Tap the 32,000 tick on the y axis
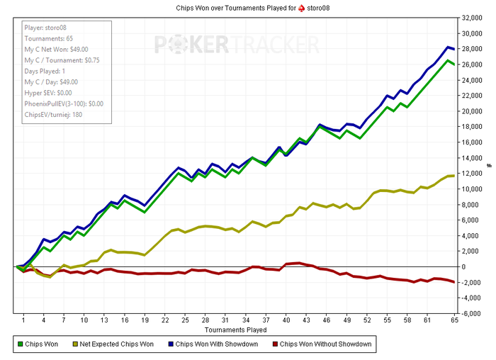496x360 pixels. point(472,18)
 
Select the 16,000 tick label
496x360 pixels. point(472,142)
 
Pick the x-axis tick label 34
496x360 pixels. point(246,320)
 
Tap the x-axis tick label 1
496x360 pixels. point(23,320)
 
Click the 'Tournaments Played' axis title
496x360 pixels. point(237,330)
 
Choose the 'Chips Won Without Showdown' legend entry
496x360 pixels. point(325,345)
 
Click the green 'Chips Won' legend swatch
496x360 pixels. point(20,345)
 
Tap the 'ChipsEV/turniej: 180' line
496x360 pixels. point(52,115)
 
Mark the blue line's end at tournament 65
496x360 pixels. point(453,49)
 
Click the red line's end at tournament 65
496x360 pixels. point(453,282)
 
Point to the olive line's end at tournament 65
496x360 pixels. point(453,176)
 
